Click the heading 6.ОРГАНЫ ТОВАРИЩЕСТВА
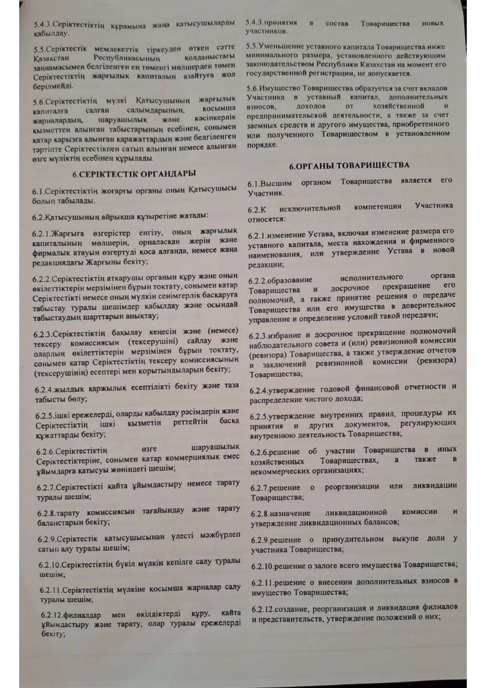pyautogui.click(x=349, y=165)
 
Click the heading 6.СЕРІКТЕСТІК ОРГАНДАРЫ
pyautogui.click(x=134, y=174)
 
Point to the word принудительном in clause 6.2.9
pyautogui.click(x=352, y=539)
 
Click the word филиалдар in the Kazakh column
pyautogui.click(x=82, y=615)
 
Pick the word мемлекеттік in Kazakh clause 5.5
pyautogui.click(x=116, y=49)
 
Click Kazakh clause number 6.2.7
pyautogui.click(x=46, y=487)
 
